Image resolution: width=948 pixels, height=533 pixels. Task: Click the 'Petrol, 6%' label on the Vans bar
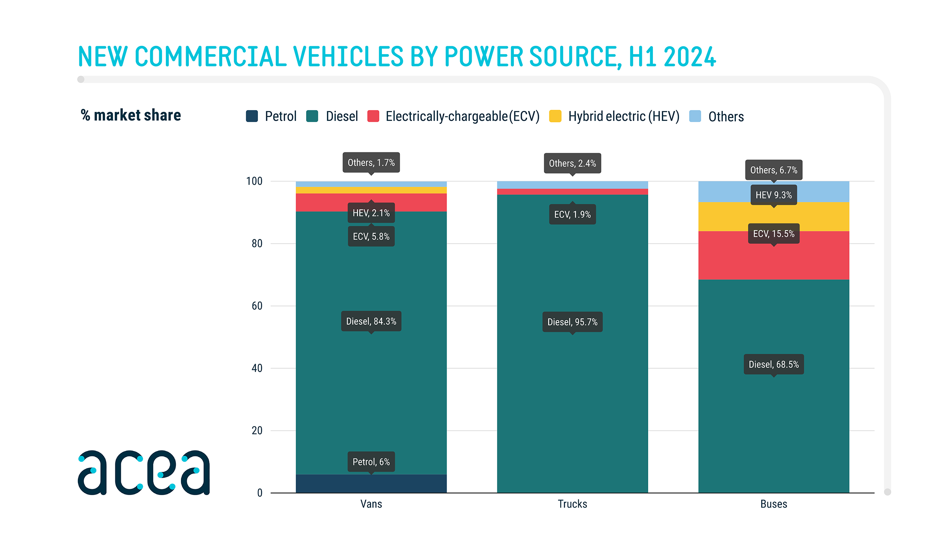pyautogui.click(x=371, y=462)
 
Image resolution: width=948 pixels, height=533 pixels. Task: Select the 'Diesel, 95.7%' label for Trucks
pyautogui.click(x=572, y=322)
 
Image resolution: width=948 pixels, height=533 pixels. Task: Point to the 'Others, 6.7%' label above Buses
pyautogui.click(x=773, y=170)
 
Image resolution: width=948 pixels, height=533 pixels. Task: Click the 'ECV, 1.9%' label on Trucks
pyautogui.click(x=572, y=214)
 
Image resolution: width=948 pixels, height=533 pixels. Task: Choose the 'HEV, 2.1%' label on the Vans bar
pyautogui.click(x=371, y=213)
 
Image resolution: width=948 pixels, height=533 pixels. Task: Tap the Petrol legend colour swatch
pyautogui.click(x=252, y=116)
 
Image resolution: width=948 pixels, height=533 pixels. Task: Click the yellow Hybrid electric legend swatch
pyautogui.click(x=555, y=116)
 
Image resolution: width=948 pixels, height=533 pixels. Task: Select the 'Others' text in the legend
pyautogui.click(x=726, y=116)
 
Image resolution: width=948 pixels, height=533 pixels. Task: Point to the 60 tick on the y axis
pyautogui.click(x=257, y=306)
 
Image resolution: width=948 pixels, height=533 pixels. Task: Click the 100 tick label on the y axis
pyautogui.click(x=254, y=181)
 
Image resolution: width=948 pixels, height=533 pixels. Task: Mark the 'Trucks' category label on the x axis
pyautogui.click(x=572, y=504)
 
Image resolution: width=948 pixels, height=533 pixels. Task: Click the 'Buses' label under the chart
pyautogui.click(x=773, y=504)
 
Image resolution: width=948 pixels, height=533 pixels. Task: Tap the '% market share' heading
pyautogui.click(x=131, y=115)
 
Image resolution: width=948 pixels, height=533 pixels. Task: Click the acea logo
pyautogui.click(x=144, y=472)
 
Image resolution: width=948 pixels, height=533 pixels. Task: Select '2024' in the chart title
pyautogui.click(x=689, y=56)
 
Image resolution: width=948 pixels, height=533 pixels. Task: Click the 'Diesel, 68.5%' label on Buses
pyautogui.click(x=773, y=364)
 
